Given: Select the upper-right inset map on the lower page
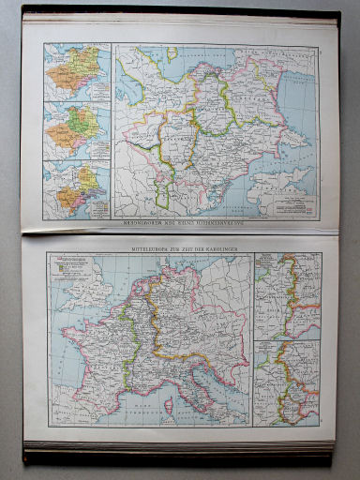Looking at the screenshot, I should (286, 296).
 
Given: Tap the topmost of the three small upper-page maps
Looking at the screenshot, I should (77, 70).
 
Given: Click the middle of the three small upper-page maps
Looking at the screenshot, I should (77, 129).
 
